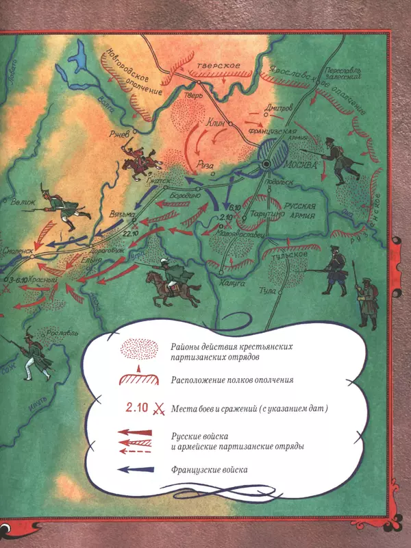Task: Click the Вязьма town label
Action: point(101,214)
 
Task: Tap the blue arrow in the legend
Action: point(134,470)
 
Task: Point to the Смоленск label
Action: point(18,251)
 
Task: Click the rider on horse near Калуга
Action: point(166,279)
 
